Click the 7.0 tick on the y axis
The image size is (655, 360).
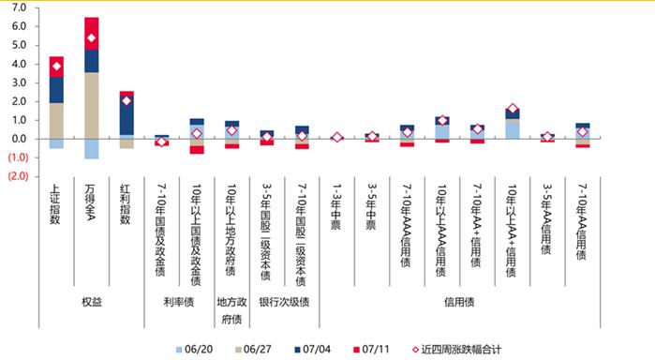tap(19, 7)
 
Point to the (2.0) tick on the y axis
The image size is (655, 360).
tap(17, 176)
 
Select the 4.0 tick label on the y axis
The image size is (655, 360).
tap(19, 64)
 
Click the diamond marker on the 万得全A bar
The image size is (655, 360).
tap(91, 38)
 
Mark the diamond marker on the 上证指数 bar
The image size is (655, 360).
tap(56, 66)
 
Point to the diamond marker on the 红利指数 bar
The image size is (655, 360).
tap(127, 100)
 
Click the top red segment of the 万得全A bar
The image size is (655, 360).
tap(91, 28)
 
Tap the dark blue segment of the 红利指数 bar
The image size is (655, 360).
tap(127, 115)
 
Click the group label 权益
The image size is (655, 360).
tap(91, 302)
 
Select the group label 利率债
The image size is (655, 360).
tap(179, 302)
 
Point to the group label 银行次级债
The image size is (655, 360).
tap(284, 302)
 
